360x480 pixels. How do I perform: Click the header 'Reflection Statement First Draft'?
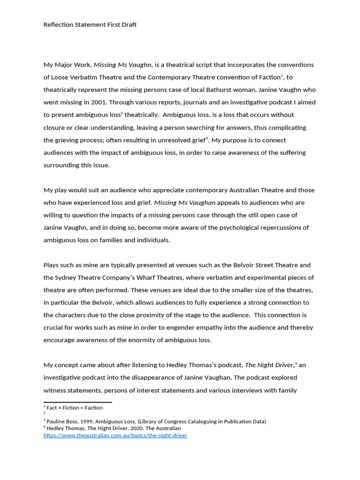pos(90,24)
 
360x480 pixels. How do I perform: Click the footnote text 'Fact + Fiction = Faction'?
pos(75,408)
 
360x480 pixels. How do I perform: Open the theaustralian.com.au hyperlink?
pos(115,435)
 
